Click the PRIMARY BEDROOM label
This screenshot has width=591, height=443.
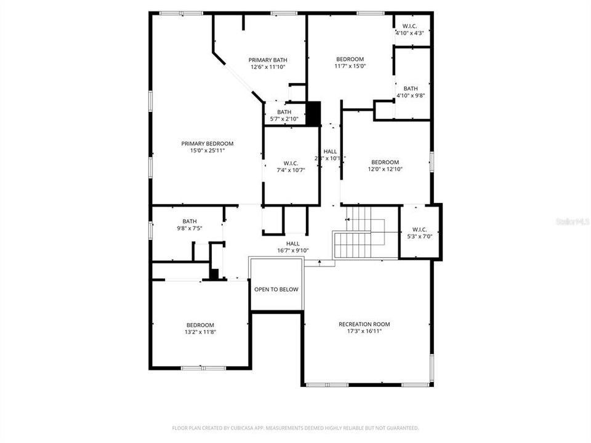coord(207,143)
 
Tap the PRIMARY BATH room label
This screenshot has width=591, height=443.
coord(268,60)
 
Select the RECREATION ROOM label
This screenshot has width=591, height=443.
coord(364,324)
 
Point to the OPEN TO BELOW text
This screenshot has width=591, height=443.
coord(276,289)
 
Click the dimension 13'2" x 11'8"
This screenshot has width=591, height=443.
coord(200,332)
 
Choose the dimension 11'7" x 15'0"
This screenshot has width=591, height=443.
coord(350,66)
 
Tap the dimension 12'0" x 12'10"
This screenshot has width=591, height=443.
coord(385,169)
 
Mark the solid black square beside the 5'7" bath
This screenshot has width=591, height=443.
coord(313,113)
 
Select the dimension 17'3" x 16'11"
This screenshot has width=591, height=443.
coord(364,332)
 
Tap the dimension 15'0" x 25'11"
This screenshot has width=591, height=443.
coord(207,151)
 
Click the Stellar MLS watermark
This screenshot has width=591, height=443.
coord(572,220)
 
